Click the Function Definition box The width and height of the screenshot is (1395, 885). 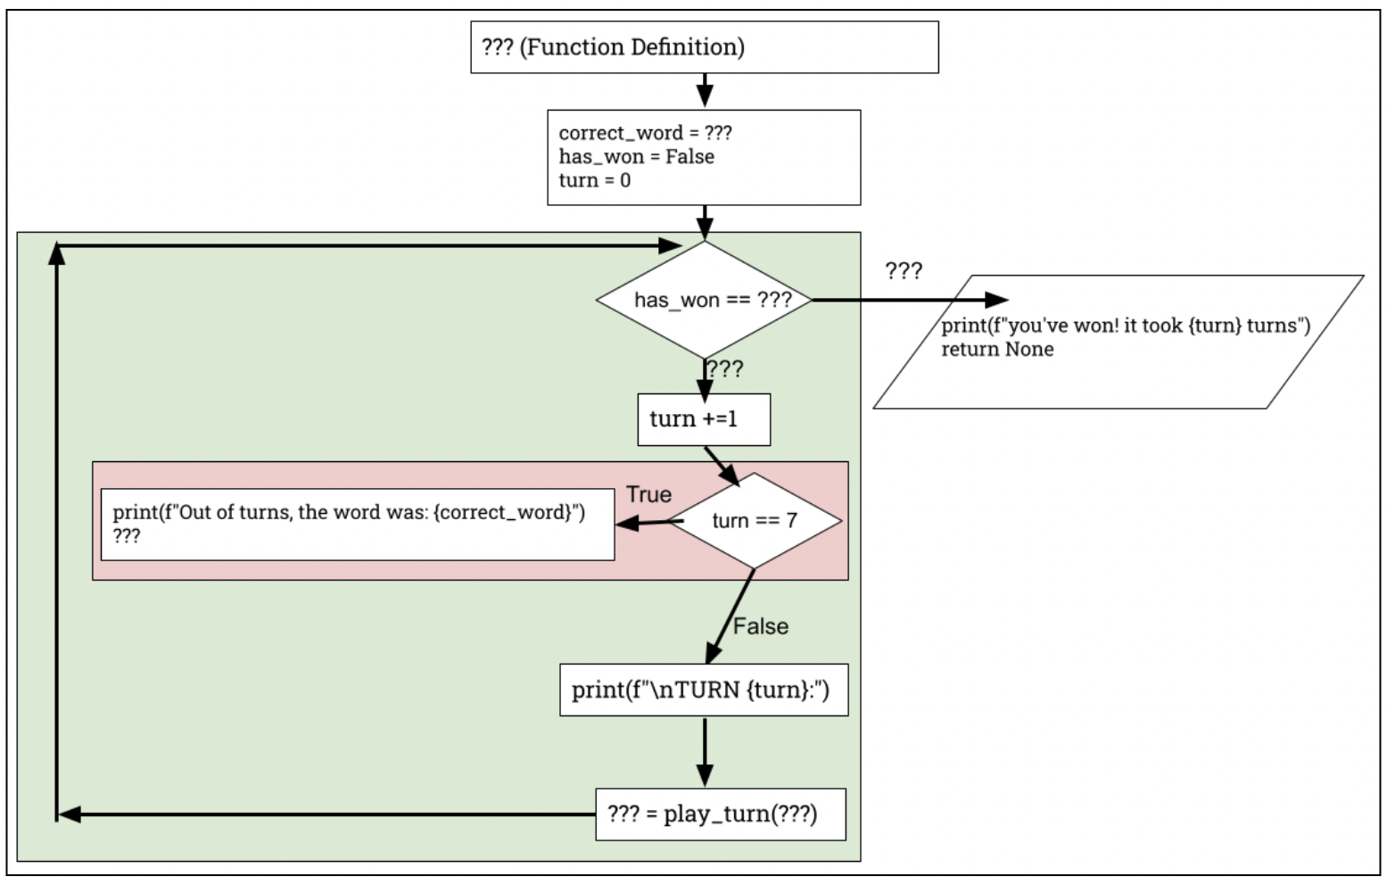(705, 47)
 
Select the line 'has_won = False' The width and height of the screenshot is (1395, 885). (636, 156)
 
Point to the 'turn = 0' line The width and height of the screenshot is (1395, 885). (595, 180)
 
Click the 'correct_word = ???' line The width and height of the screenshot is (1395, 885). (645, 133)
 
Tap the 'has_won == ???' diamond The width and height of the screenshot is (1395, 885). (705, 300)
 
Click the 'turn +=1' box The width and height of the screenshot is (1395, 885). (704, 419)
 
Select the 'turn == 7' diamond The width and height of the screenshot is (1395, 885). (755, 521)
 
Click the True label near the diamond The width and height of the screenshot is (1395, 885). (649, 494)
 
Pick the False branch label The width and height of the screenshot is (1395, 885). (761, 626)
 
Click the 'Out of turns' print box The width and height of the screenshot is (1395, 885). (358, 525)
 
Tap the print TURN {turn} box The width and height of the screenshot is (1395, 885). (704, 690)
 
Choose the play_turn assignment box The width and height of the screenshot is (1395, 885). (721, 815)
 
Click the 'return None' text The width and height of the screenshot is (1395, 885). (997, 350)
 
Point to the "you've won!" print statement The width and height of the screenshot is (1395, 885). (1126, 326)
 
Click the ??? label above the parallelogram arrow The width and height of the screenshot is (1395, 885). (904, 271)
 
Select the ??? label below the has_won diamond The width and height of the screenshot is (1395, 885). (725, 369)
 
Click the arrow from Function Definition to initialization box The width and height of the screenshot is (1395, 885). (705, 91)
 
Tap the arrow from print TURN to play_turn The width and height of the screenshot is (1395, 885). (705, 752)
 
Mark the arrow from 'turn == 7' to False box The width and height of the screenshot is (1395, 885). (730, 616)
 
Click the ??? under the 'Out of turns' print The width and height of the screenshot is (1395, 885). (127, 536)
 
